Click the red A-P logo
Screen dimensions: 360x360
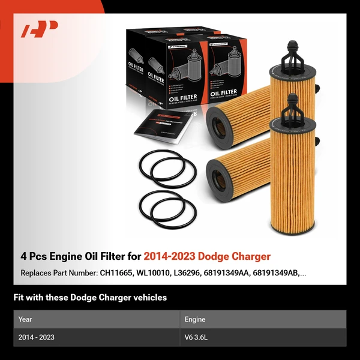pyautogui.click(x=39, y=29)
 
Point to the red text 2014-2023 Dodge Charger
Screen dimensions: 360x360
pyautogui.click(x=206, y=257)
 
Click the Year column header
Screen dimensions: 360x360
pyautogui.click(x=25, y=319)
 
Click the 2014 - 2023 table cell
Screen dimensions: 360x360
pyautogui.click(x=37, y=337)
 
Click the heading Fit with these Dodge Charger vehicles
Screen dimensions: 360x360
pyautogui.click(x=90, y=298)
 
